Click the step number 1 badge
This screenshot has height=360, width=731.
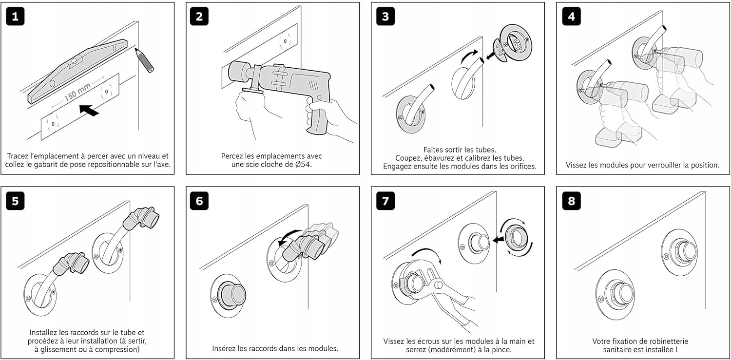coord(15,17)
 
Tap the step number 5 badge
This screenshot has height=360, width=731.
coord(15,201)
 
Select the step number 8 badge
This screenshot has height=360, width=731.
coord(571,201)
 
